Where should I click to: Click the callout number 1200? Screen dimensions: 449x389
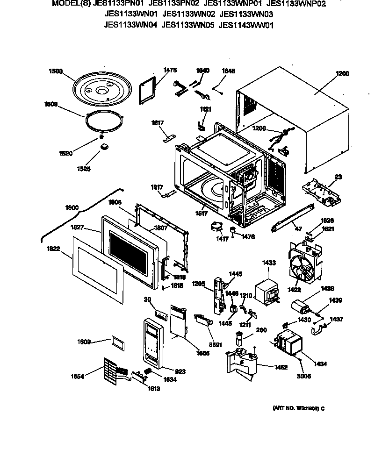pos(342,73)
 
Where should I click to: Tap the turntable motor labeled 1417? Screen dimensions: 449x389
pos(216,228)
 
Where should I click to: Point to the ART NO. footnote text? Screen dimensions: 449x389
pos(298,408)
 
